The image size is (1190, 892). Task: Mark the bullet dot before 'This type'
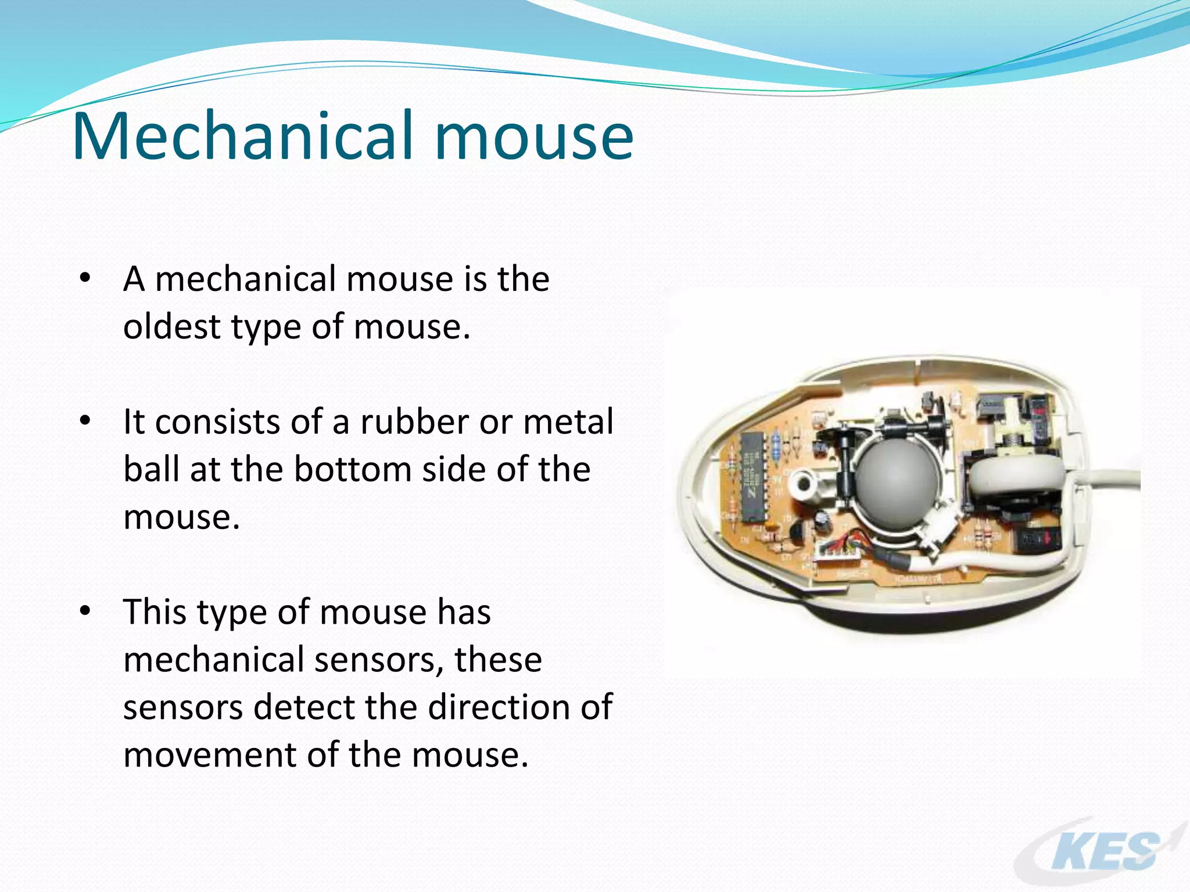85,611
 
